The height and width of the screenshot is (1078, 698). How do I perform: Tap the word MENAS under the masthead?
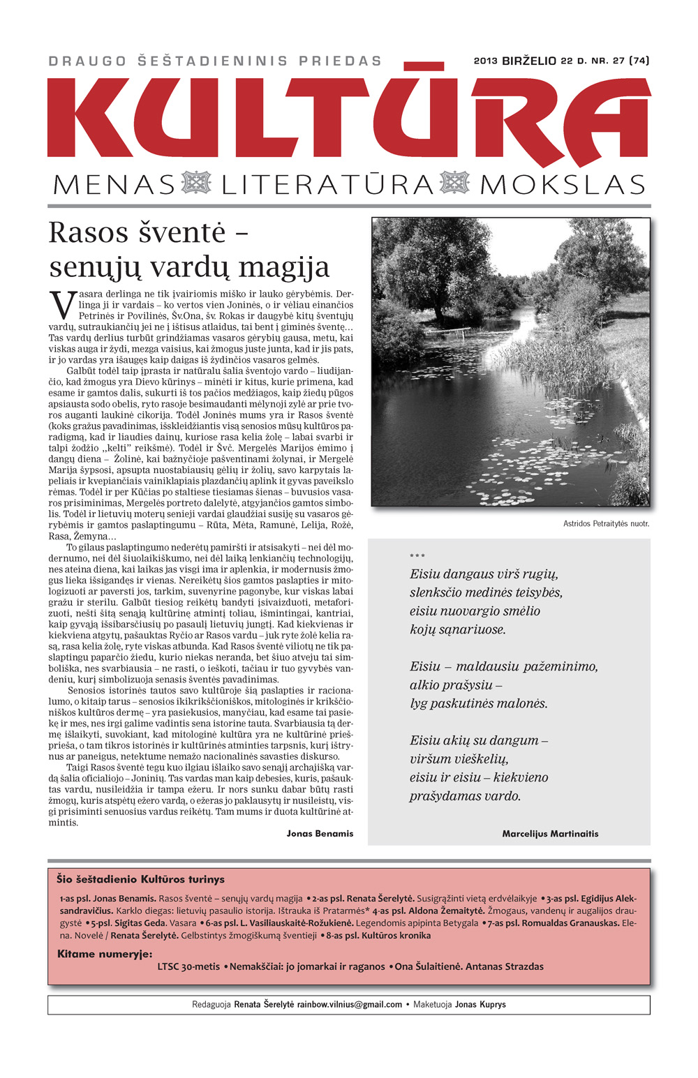click(114, 185)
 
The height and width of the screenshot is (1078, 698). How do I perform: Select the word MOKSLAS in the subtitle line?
click(562, 185)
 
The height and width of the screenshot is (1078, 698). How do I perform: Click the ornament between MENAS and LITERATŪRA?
click(196, 183)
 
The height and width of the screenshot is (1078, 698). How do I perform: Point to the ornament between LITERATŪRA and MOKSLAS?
click(455, 183)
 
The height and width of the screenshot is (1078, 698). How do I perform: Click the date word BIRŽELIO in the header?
click(528, 61)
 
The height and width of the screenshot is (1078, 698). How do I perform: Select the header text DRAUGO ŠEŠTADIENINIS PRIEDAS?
click(215, 61)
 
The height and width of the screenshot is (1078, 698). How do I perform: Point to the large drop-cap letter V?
click(62, 305)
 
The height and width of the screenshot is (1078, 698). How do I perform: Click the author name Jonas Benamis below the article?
click(320, 833)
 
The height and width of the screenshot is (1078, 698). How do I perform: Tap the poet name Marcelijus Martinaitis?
click(550, 833)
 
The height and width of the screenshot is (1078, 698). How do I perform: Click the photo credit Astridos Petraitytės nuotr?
click(606, 523)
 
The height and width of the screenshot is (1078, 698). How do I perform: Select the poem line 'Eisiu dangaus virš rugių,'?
click(484, 574)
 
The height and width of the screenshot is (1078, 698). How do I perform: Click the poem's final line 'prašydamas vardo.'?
click(465, 796)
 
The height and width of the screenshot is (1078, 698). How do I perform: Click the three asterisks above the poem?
click(417, 556)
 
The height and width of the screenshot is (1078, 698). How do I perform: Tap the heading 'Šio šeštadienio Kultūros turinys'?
click(140, 879)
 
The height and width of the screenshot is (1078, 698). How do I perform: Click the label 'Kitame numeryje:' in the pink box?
click(105, 954)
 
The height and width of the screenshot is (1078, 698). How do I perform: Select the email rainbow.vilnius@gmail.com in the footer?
click(349, 1005)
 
